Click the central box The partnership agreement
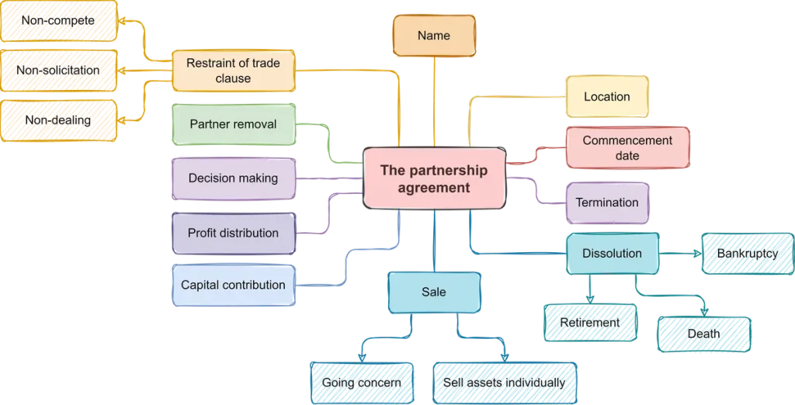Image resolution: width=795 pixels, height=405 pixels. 434,178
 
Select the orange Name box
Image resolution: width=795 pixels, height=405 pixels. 433,36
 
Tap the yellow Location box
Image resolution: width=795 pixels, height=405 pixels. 606,97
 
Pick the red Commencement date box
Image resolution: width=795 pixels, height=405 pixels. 627,148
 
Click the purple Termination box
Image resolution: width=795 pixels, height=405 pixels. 607,203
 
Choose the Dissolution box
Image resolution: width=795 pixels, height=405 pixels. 613,254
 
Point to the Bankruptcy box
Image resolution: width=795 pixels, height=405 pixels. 747,254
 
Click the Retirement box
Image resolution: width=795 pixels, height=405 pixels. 591,322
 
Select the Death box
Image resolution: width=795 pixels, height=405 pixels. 703,334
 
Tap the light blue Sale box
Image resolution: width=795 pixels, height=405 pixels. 433,292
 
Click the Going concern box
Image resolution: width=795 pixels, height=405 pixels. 362,382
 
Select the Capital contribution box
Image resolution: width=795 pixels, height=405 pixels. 233,285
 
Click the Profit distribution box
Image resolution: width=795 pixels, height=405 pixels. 233,233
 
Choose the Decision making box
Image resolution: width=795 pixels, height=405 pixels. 233,178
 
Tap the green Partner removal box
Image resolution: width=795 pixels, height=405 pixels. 233,124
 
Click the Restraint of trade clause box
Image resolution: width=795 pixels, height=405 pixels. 233,71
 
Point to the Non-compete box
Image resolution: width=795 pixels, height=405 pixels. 58,21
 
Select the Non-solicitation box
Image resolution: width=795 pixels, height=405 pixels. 58,71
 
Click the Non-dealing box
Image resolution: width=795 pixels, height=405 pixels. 58,120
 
